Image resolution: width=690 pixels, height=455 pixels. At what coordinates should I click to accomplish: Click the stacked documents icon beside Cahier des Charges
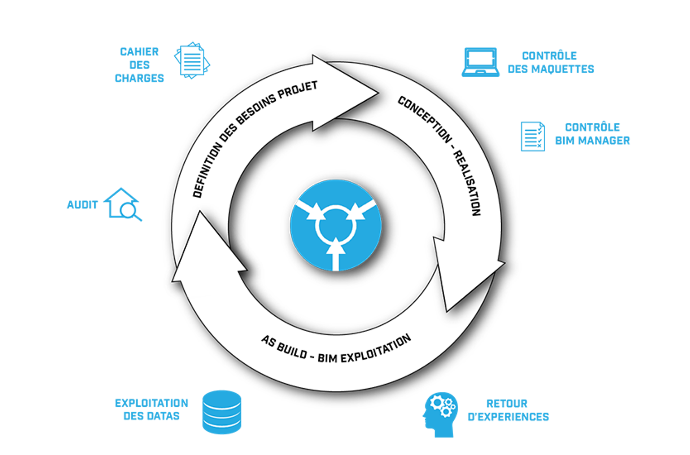[x=192, y=60]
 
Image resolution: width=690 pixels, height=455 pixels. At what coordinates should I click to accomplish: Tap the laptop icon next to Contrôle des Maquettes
[x=480, y=62]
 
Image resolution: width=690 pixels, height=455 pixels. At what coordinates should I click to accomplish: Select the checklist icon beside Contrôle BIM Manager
[x=533, y=136]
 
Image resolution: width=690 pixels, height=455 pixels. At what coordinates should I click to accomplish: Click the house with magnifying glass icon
[x=123, y=204]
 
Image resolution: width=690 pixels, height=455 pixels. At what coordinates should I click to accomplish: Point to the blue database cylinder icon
[x=222, y=412]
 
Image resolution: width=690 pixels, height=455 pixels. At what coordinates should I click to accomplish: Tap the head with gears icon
[x=440, y=415]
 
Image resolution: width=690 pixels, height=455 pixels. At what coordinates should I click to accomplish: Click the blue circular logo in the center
[x=336, y=225]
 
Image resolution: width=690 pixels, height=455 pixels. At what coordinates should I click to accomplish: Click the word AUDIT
[x=82, y=205]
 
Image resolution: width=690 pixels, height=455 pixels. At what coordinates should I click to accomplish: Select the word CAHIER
[x=139, y=52]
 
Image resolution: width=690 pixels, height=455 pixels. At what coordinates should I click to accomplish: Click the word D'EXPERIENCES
[x=508, y=417]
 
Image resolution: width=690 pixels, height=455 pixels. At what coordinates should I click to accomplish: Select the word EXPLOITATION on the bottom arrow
[x=376, y=349]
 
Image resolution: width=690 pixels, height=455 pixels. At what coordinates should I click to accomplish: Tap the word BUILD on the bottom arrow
[x=292, y=350]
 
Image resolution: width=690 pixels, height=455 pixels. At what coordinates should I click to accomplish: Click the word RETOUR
[x=507, y=403]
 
